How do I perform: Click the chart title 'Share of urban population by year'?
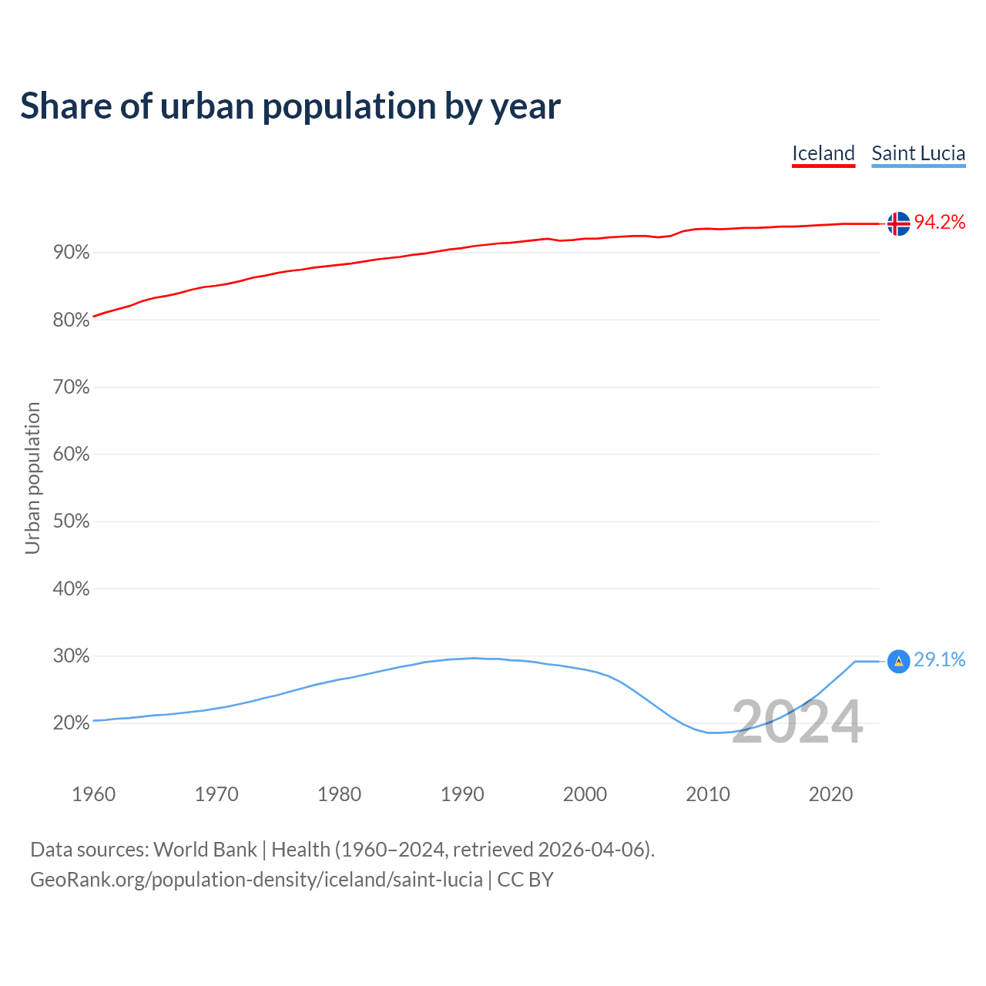pos(290,106)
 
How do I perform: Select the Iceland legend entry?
pos(823,153)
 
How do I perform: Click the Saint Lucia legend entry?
pos(918,153)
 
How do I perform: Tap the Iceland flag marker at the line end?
pos(898,223)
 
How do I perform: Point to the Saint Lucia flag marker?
pos(898,661)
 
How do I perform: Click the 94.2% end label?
pos(940,223)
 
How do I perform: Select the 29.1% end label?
pos(940,660)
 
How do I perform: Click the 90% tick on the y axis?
pos(71,253)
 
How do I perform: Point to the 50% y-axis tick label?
pos(71,522)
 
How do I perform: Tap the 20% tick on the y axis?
pos(71,723)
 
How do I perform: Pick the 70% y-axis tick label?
pos(71,387)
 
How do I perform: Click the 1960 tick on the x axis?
pos(93,794)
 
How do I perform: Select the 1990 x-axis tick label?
pos(462,794)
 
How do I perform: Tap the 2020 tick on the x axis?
pos(830,794)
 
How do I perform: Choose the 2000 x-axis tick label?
pos(585,794)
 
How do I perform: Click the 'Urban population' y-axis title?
pos(32,478)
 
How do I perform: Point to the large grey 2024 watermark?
pos(797,723)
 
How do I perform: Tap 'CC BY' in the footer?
pos(525,880)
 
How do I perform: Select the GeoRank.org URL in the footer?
pos(257,880)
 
